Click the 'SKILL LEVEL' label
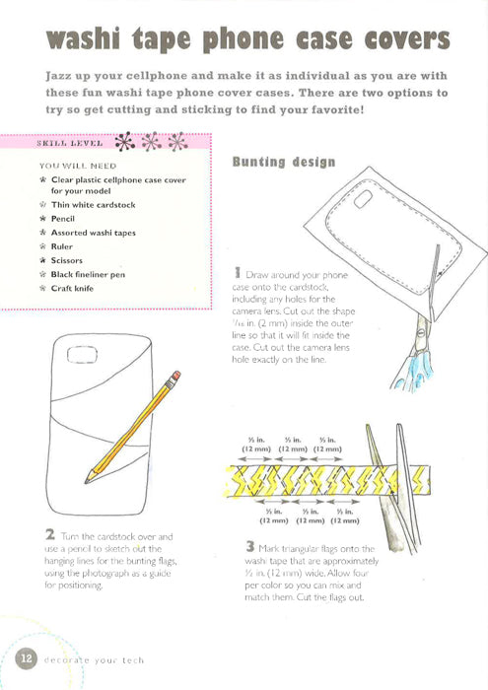[68, 143]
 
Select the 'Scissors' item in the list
[67, 260]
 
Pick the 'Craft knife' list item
[73, 288]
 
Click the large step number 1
[239, 270]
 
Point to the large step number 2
[49, 536]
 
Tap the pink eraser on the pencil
[175, 377]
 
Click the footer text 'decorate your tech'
[93, 660]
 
